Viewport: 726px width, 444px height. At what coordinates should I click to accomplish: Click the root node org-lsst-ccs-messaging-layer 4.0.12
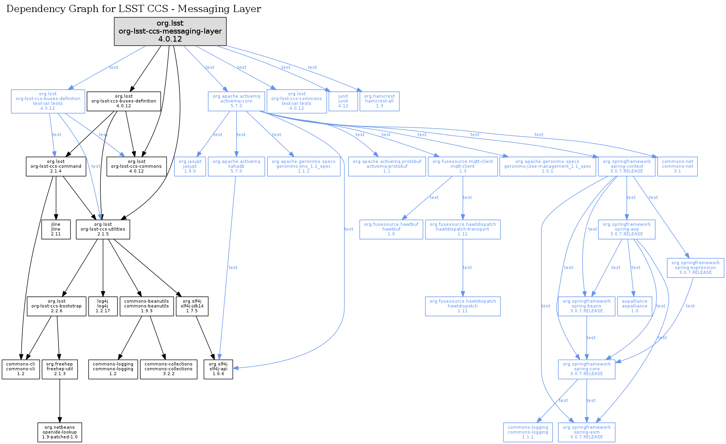click(170, 31)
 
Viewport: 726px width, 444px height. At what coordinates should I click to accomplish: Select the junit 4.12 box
click(343, 101)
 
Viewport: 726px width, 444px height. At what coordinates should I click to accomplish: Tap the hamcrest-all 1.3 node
click(379, 101)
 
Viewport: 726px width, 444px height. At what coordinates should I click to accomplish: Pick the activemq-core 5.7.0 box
click(236, 101)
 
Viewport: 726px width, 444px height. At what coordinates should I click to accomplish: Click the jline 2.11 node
click(56, 229)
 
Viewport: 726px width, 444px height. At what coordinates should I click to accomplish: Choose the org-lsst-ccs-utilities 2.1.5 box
click(103, 229)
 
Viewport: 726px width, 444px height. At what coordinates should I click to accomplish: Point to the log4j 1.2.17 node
click(103, 306)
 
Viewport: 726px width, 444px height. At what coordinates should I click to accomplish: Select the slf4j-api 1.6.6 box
click(218, 369)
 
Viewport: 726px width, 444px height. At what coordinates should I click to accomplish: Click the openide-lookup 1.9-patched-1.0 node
click(60, 432)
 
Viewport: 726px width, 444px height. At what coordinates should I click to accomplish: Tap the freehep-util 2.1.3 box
click(60, 369)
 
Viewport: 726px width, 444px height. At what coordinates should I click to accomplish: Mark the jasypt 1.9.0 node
click(190, 167)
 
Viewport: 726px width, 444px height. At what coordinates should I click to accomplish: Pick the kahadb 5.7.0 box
click(236, 167)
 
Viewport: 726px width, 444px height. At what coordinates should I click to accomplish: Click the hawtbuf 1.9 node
click(391, 229)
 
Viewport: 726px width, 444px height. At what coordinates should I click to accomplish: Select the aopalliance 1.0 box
click(635, 306)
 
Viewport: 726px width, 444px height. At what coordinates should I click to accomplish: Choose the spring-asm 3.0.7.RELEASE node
click(587, 432)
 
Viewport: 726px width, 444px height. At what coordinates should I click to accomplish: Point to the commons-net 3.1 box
click(678, 167)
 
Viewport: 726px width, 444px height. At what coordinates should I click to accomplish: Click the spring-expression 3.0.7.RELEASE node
click(696, 268)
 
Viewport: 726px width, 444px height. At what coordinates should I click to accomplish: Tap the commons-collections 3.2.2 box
click(169, 369)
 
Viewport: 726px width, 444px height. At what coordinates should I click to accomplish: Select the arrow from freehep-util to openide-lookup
click(60, 400)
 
